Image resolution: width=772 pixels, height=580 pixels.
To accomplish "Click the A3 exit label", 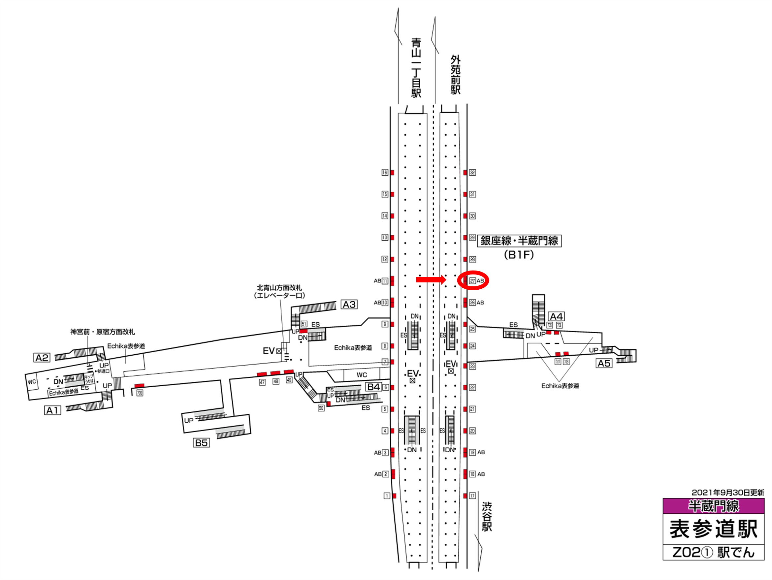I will pyautogui.click(x=349, y=305).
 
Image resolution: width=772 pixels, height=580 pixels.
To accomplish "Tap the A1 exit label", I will pyautogui.click(x=53, y=410).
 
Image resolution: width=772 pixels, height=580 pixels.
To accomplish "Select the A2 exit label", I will pyautogui.click(x=42, y=358).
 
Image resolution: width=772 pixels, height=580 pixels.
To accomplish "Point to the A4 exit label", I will pyautogui.click(x=556, y=316).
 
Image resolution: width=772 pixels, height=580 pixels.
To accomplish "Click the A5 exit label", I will pyautogui.click(x=604, y=364).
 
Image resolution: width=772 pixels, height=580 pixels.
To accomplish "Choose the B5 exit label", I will pyautogui.click(x=201, y=443).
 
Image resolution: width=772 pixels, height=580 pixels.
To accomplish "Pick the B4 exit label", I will pyautogui.click(x=373, y=387).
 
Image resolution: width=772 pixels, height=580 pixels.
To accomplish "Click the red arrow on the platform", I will pyautogui.click(x=431, y=279).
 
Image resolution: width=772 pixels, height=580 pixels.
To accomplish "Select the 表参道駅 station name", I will pyautogui.click(x=713, y=529).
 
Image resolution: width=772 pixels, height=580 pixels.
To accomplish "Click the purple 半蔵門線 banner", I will pyautogui.click(x=713, y=506).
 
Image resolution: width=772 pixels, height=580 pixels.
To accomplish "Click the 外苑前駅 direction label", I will pyautogui.click(x=456, y=75).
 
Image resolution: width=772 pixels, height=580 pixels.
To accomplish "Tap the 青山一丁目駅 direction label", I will pyautogui.click(x=416, y=68).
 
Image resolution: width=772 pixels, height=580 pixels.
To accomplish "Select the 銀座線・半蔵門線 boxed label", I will pyautogui.click(x=519, y=241).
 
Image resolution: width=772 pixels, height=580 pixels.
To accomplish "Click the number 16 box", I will pyautogui.click(x=385, y=173).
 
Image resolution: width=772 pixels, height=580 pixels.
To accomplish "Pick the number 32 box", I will pyautogui.click(x=472, y=173).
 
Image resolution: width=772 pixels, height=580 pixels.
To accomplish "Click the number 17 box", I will pyautogui.click(x=472, y=496).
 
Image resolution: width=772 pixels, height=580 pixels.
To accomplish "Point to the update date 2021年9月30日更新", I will pyautogui.click(x=728, y=493).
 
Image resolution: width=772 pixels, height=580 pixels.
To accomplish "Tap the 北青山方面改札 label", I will pyautogui.click(x=279, y=288).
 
